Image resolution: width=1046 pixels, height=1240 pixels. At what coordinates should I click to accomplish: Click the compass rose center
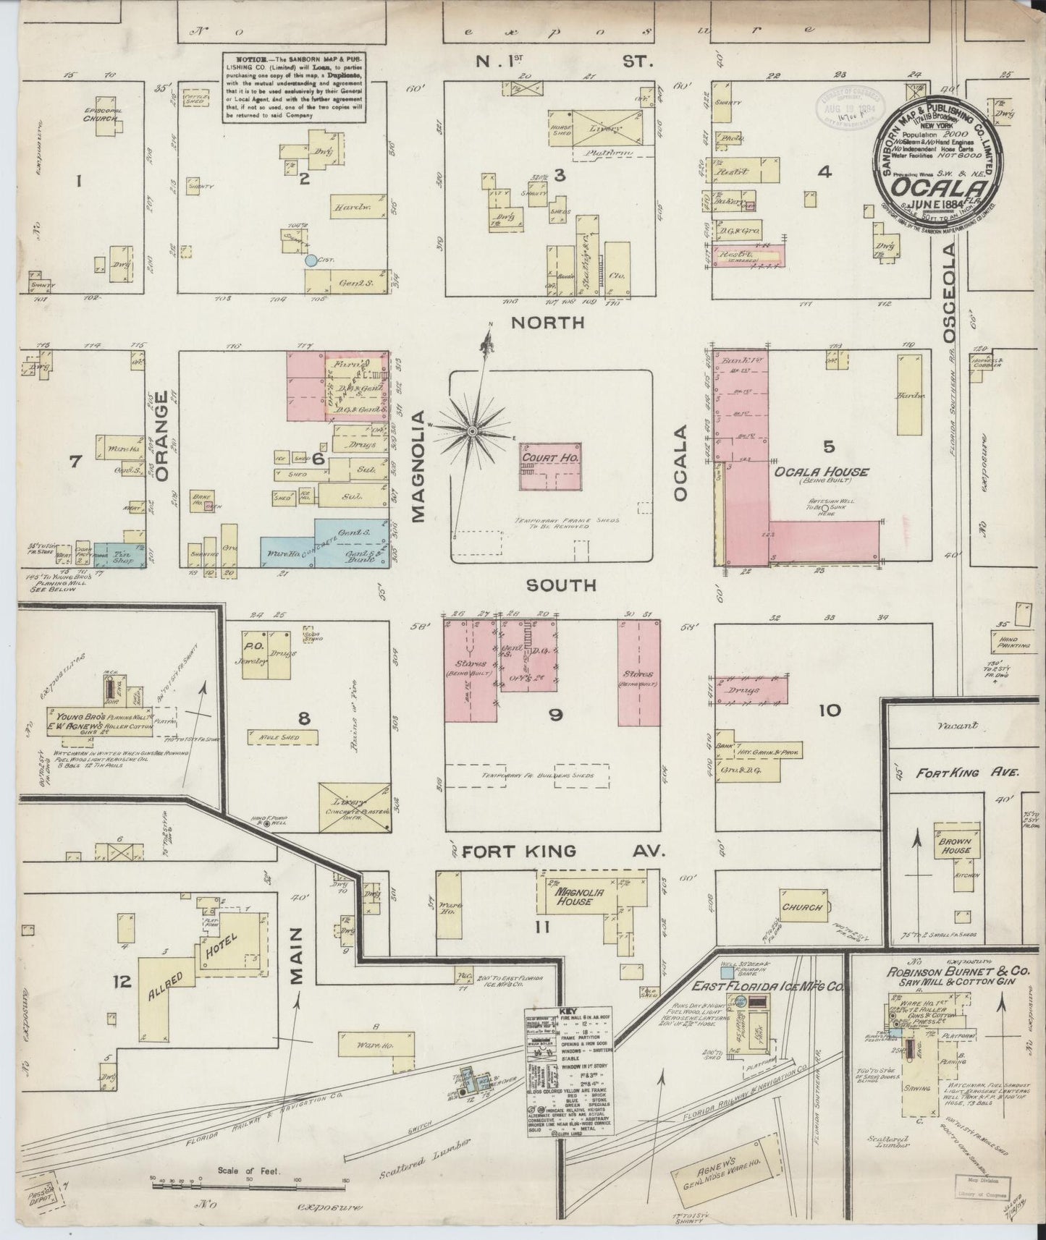(x=472, y=431)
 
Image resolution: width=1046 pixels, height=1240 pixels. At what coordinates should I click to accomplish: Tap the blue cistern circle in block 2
(x=311, y=260)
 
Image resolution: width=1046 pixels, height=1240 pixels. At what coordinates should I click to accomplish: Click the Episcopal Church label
(x=101, y=114)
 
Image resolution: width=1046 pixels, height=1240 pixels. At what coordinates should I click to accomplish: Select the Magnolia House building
(x=575, y=897)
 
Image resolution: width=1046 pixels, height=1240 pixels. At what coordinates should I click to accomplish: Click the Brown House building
(x=954, y=845)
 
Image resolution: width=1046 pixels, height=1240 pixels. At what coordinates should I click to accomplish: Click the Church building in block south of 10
(x=802, y=907)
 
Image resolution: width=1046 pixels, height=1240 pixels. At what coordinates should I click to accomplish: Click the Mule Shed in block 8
(x=277, y=738)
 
